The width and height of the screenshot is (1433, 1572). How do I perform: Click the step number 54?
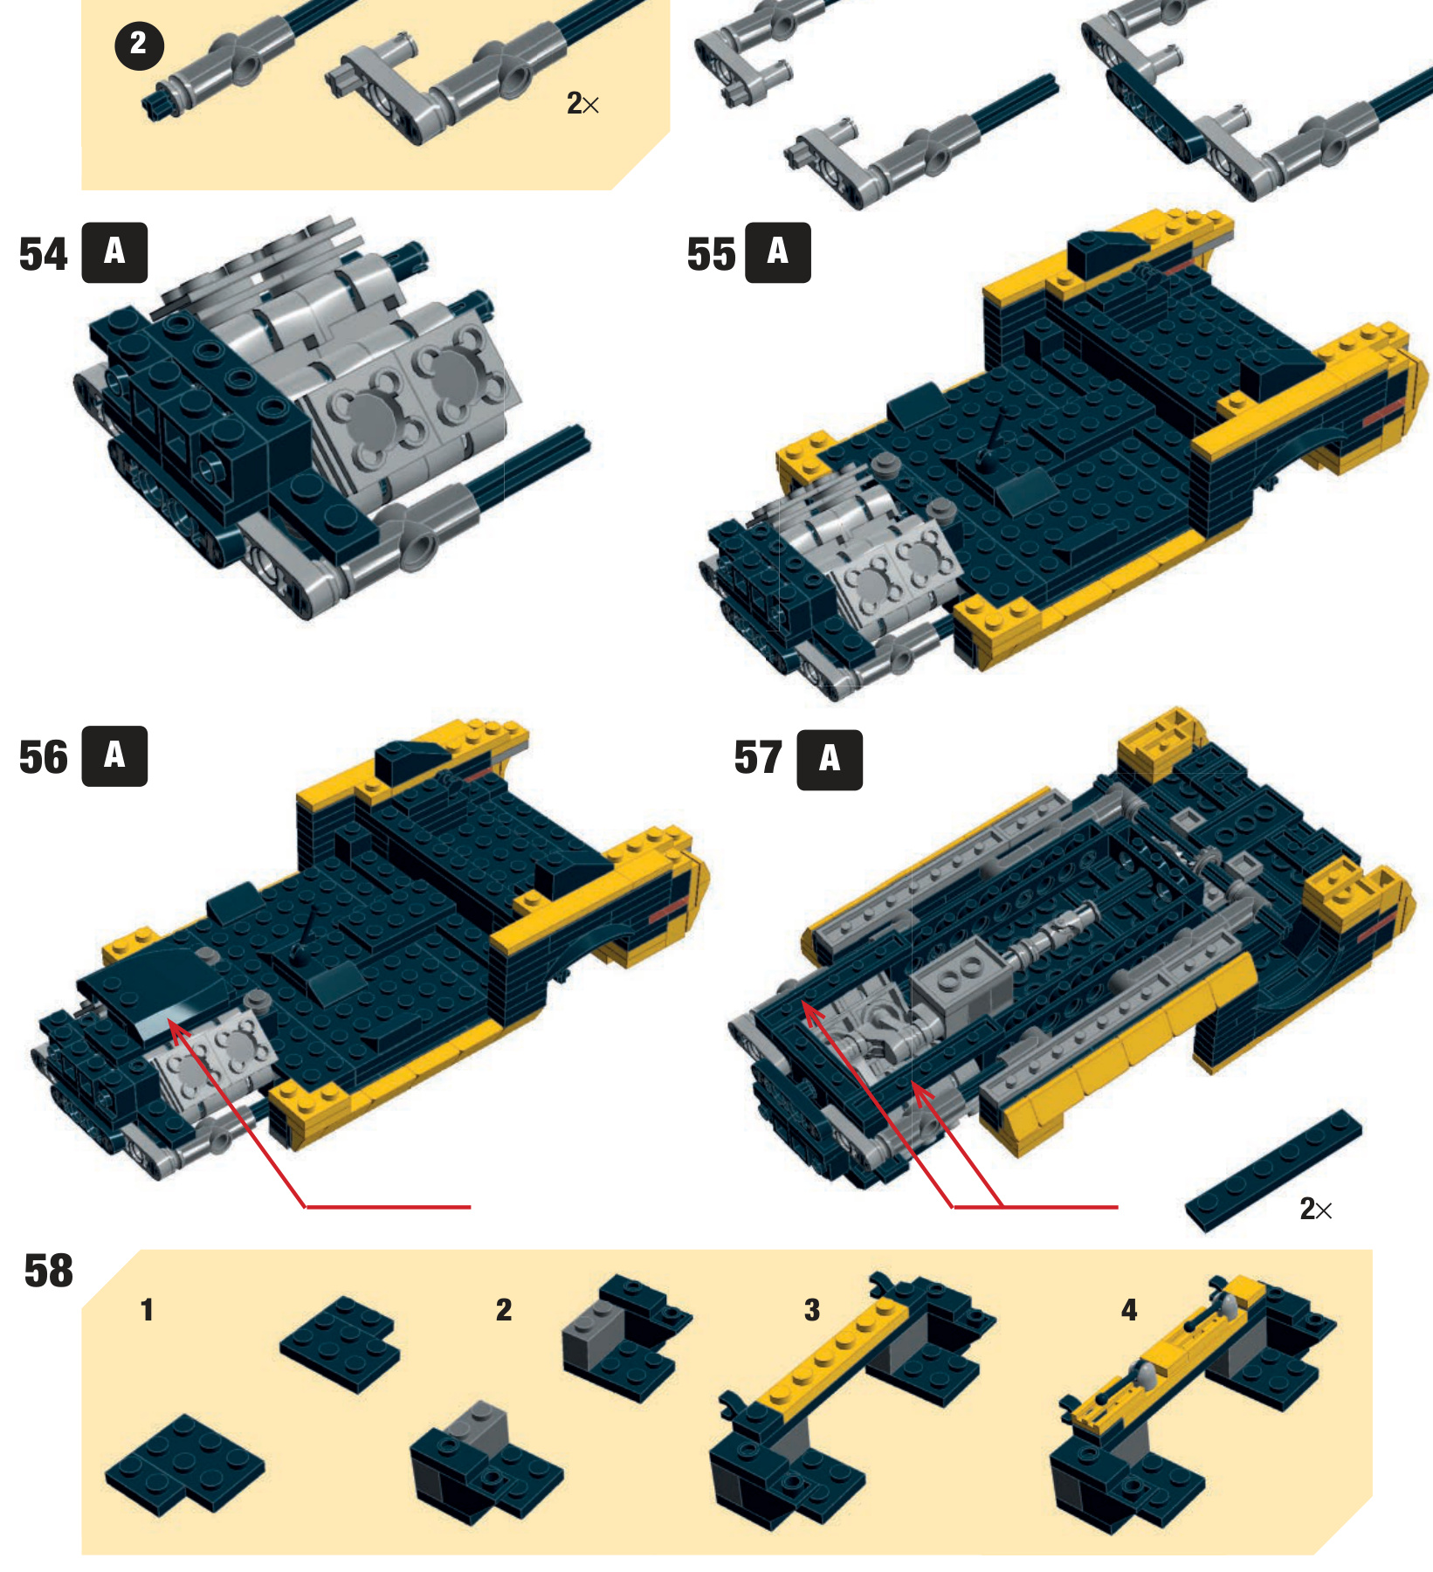(43, 255)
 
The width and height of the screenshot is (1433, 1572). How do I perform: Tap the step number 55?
(712, 255)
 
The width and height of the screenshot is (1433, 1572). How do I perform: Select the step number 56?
(43, 757)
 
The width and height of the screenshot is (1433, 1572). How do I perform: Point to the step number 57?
(758, 758)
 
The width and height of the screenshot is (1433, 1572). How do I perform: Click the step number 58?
(49, 1271)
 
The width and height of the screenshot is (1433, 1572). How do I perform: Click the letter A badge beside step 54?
(114, 252)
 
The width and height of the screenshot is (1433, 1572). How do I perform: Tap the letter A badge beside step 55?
(778, 252)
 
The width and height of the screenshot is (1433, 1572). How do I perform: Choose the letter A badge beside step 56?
(114, 755)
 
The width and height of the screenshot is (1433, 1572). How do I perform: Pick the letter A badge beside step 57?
(830, 760)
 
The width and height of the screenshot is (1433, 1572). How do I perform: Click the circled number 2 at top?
(139, 45)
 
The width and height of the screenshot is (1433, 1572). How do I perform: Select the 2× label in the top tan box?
(582, 104)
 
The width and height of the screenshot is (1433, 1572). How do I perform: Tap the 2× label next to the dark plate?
(1316, 1209)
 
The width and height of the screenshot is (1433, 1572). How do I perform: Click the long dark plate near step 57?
(1273, 1170)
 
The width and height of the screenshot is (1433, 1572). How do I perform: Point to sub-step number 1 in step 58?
(148, 1310)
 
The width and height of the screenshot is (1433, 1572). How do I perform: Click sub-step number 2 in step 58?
(504, 1310)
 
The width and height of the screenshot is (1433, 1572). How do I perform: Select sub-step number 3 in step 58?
(812, 1310)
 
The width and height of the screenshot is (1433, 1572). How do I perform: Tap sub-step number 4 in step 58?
(1129, 1310)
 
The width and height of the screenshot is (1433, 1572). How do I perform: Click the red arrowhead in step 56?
(177, 1031)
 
